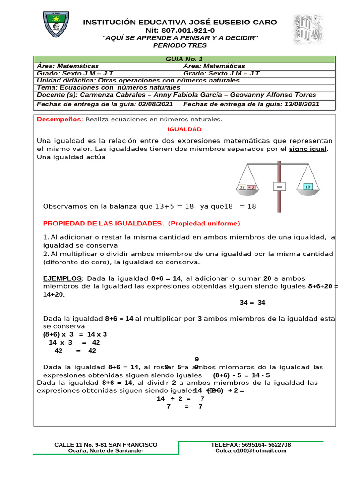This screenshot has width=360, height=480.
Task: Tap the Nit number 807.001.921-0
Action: (180, 30)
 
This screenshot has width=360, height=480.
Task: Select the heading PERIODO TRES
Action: (180, 45)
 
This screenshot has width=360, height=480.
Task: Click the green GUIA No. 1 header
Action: (184, 59)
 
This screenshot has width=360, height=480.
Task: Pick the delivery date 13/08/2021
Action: (301, 104)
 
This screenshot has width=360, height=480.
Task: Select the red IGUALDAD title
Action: (184, 129)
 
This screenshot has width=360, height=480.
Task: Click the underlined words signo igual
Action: (308, 149)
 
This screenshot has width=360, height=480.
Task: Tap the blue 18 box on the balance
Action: (307, 187)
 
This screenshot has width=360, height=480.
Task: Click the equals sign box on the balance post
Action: (280, 187)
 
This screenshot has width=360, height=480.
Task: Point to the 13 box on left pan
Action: (242, 187)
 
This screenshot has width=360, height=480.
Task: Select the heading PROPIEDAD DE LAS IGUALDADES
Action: (103, 223)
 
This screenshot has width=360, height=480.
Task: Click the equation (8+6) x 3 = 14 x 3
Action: (75, 334)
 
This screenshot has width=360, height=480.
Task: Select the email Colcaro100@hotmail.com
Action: (251, 450)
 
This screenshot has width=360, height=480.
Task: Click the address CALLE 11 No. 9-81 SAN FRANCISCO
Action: (106, 444)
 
